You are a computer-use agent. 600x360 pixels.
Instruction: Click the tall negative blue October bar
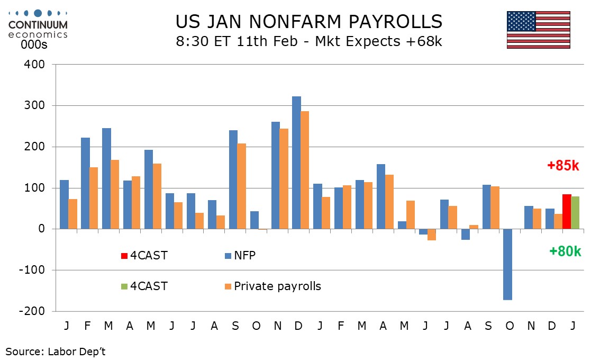click(x=507, y=264)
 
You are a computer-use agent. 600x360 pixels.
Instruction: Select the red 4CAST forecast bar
click(x=567, y=212)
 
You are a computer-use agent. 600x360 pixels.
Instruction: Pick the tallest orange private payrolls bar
click(x=305, y=170)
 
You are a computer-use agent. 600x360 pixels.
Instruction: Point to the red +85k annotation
click(x=563, y=166)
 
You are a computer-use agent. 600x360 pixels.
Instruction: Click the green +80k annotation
click(x=565, y=251)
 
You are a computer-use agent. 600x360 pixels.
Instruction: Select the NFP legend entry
click(x=244, y=256)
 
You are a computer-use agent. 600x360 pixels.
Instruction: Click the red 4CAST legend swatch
click(x=124, y=256)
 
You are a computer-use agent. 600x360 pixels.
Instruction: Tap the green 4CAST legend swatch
click(x=124, y=286)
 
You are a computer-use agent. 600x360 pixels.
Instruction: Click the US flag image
click(x=538, y=30)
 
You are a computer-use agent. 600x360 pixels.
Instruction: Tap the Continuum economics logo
click(x=38, y=23)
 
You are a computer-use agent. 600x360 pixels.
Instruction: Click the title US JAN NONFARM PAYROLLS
click(x=308, y=21)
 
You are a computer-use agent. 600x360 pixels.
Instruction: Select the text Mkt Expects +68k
click(x=378, y=41)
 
